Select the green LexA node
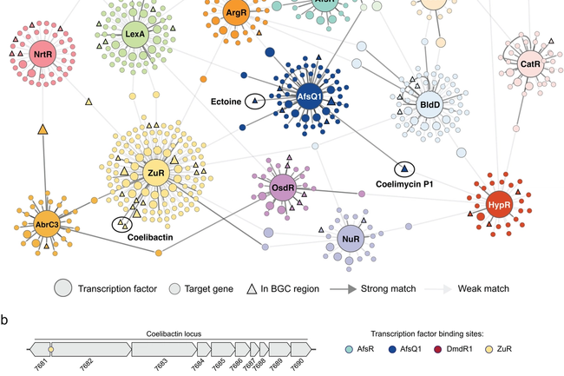point(134,36)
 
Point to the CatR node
point(530,64)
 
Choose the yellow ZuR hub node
point(156,173)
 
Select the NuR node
point(351,238)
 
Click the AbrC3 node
point(47,224)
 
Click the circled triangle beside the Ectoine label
point(255,102)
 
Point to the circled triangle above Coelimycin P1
point(403,168)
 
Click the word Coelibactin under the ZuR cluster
point(153,236)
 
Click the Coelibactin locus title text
point(168,333)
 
